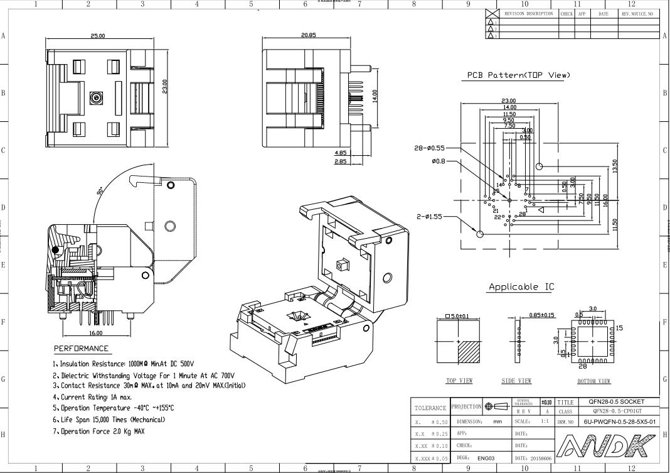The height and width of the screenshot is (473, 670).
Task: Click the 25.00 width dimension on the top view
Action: (98, 36)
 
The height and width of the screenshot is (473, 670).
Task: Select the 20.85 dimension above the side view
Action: (308, 35)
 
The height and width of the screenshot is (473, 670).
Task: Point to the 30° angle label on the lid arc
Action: (101, 190)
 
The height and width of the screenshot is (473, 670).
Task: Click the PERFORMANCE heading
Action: (81, 349)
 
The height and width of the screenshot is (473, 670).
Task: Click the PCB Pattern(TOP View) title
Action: (518, 75)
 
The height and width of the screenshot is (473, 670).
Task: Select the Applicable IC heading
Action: (521, 287)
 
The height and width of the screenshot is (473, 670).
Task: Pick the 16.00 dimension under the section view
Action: (96, 333)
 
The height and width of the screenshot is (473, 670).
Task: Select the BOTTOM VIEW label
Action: (593, 381)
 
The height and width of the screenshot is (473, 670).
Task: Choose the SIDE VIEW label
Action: (516, 381)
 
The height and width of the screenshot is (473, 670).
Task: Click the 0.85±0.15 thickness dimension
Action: (541, 315)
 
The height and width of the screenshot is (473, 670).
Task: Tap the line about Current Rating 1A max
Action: (92, 397)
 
